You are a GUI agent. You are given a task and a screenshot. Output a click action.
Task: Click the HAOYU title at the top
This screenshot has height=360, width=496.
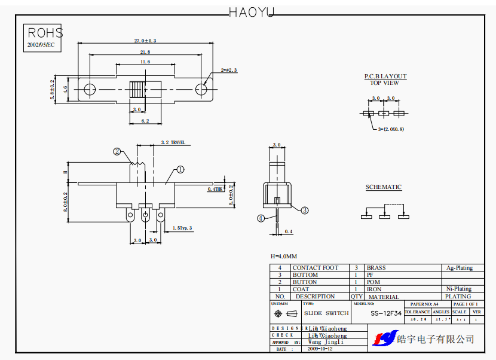point(251,11)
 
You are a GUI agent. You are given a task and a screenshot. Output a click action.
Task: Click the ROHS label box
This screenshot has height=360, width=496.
point(45,33)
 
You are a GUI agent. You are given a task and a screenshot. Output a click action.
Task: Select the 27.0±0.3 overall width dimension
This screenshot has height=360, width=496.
point(145,41)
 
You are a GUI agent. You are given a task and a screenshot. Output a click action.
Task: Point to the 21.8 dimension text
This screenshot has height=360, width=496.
point(145,53)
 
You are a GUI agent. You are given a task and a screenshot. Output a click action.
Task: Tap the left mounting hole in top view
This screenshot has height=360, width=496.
point(90,90)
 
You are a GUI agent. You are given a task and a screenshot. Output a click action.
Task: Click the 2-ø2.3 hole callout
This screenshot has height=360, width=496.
point(229,70)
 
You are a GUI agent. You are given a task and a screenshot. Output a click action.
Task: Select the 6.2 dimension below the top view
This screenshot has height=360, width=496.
point(145,121)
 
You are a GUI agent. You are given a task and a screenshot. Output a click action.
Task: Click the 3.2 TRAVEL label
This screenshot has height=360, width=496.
point(173,143)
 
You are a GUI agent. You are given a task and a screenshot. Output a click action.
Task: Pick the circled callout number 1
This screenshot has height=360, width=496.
point(180,170)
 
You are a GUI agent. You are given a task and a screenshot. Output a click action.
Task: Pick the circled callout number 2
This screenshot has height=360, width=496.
point(118,152)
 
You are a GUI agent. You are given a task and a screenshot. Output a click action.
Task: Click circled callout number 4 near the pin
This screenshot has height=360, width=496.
point(261,218)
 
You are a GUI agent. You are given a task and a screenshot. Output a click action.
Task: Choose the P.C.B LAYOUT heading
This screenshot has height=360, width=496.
point(385,77)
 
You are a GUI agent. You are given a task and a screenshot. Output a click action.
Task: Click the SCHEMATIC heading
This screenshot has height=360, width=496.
point(384,187)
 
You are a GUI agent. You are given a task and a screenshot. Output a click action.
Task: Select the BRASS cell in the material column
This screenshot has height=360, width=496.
point(376,268)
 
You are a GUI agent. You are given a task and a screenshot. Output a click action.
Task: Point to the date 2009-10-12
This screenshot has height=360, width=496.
point(322,348)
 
